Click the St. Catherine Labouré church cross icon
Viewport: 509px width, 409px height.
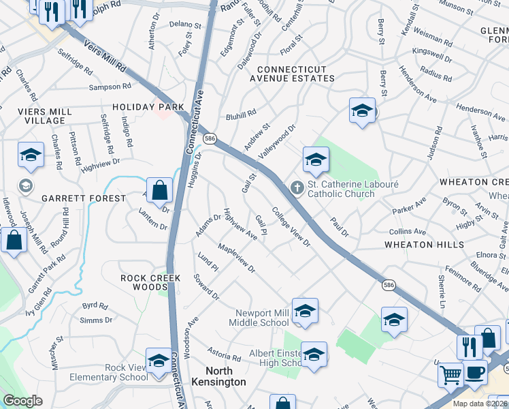297,187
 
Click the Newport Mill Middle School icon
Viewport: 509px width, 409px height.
306,311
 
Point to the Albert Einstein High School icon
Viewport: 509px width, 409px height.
314,354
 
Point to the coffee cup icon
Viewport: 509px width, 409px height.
476,373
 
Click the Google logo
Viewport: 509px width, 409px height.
22,401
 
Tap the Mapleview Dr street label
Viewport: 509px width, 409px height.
236,259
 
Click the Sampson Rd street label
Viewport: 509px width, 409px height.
109,87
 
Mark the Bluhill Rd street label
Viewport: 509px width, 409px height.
241,113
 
